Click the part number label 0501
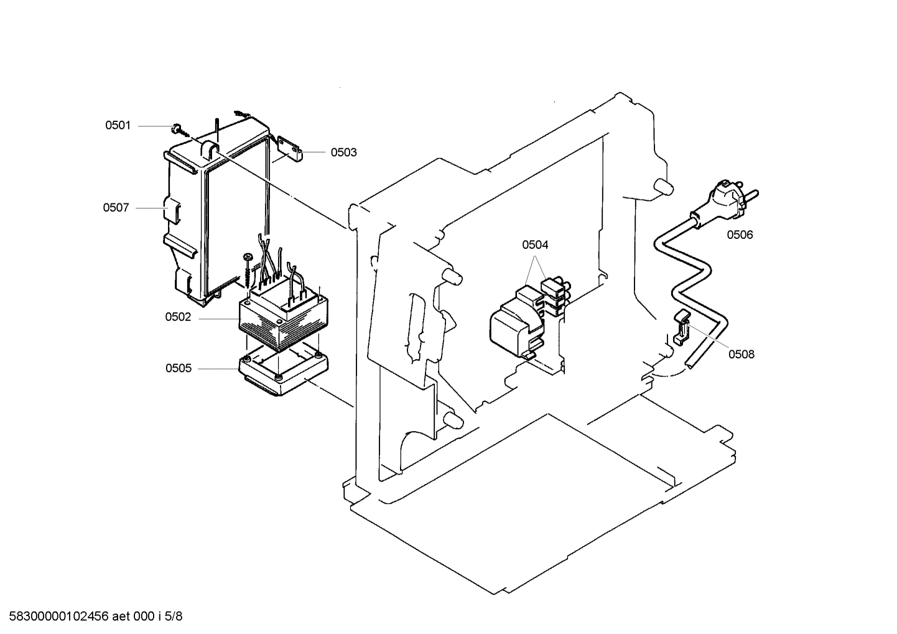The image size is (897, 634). click(x=118, y=126)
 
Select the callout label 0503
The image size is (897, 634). click(x=343, y=152)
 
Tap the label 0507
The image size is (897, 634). click(x=116, y=208)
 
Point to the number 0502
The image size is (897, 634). click(x=178, y=317)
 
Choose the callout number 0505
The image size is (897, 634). click(x=178, y=368)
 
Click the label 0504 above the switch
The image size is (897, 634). click(x=535, y=245)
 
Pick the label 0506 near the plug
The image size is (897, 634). click(x=740, y=235)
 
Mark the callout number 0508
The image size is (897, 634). click(x=741, y=354)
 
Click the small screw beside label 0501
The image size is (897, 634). click(x=177, y=129)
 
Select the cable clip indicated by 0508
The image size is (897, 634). click(x=682, y=326)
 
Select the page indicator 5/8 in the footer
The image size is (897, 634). click(x=175, y=617)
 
